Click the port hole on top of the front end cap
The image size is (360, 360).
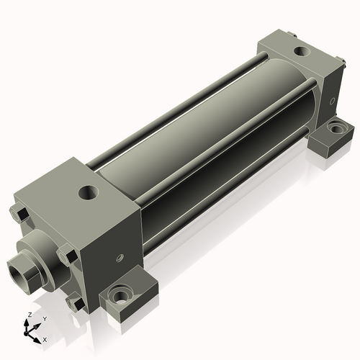(x=89, y=192)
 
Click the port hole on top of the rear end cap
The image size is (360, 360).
(x=302, y=51)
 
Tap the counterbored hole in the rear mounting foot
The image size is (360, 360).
(x=336, y=127)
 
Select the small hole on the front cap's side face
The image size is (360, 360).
(x=120, y=257)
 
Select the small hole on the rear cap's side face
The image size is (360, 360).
(x=332, y=101)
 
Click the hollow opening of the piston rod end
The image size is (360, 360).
(x=18, y=274)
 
